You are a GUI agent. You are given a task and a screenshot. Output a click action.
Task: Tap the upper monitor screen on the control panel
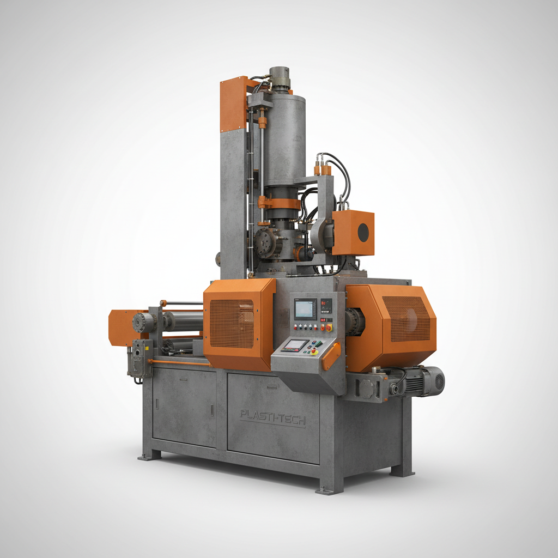point(305,308)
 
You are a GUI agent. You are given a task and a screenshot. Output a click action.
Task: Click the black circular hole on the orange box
point(363,233)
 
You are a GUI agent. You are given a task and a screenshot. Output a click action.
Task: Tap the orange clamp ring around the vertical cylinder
point(279,203)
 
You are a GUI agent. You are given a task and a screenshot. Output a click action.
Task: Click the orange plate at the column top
point(233,104)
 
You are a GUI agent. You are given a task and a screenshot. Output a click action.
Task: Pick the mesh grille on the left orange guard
point(232,323)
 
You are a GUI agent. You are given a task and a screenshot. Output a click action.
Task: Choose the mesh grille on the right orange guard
point(405,318)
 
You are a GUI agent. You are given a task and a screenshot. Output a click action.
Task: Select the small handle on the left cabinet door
point(157,404)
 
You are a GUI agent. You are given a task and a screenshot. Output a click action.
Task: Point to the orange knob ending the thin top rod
point(162,303)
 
